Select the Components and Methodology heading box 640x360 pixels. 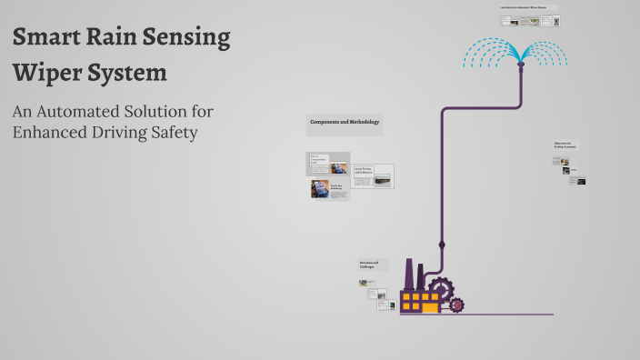[345, 123]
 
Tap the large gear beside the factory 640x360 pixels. [441, 289]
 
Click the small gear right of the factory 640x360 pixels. [456, 305]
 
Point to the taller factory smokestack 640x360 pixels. [409, 274]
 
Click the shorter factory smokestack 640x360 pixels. [421, 277]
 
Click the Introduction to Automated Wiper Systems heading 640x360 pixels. [528, 7]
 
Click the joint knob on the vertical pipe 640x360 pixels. [442, 244]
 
